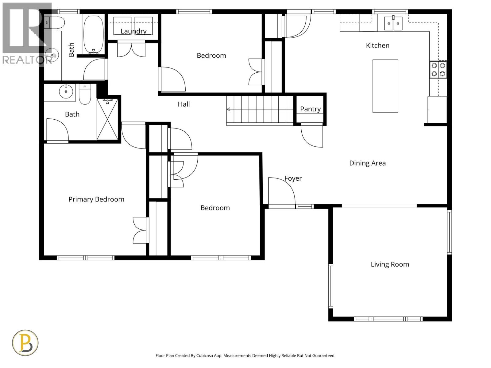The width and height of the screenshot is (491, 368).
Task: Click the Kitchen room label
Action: click(377, 45)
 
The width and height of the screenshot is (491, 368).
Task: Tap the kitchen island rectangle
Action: click(385, 86)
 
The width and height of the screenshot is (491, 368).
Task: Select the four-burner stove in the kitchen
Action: click(438, 70)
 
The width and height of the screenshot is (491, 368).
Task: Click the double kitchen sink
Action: click(393, 23)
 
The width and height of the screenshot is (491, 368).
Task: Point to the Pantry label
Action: click(310, 109)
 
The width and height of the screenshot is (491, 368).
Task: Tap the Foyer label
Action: click(293, 178)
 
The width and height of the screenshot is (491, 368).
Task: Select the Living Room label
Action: click(390, 264)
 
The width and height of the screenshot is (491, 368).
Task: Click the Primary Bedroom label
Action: click(96, 199)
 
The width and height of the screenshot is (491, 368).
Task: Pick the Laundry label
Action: click(133, 31)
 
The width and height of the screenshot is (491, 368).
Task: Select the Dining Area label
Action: click(367, 163)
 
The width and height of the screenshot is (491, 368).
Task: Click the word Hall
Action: click(184, 104)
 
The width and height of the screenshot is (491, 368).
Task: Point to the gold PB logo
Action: click(25, 343)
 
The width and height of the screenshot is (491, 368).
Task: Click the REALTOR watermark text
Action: click(27, 60)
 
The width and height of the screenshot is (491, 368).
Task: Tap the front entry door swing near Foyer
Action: click(281, 192)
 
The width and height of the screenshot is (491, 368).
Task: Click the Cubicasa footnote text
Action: click(245, 356)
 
